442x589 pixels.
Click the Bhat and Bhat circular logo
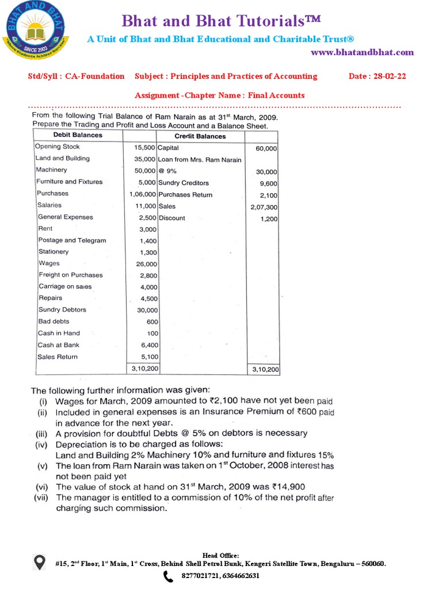(37, 29)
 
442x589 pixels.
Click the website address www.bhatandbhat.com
(362, 52)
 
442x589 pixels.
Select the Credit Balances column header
(200, 136)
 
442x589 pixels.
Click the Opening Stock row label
(58, 147)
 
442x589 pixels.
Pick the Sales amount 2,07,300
(264, 206)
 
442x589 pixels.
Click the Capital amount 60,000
(266, 148)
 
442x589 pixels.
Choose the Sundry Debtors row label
(62, 310)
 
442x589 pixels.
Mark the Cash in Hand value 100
(153, 334)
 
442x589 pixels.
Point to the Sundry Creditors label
(183, 183)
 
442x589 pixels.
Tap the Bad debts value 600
(152, 322)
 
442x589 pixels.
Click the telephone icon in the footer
(168, 576)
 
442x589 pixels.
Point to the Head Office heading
(220, 555)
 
